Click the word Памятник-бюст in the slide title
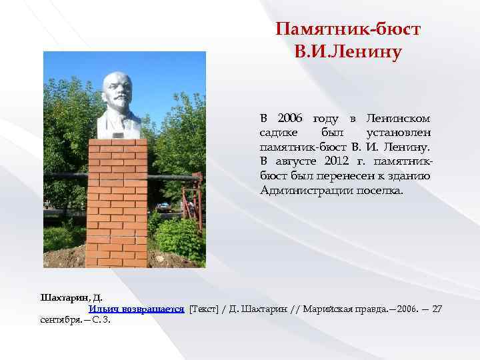click(348, 30)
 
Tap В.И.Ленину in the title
click(348, 51)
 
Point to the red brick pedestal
click(117, 200)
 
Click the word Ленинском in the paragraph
click(399, 118)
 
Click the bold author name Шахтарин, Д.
click(71, 297)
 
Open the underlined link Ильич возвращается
click(136, 309)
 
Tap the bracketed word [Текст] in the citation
click(203, 309)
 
